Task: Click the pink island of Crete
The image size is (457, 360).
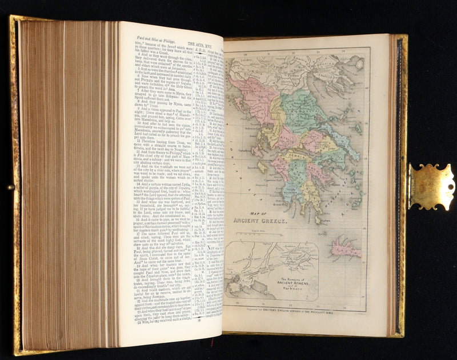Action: click(347, 247)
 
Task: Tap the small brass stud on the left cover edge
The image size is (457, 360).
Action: click(10, 187)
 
